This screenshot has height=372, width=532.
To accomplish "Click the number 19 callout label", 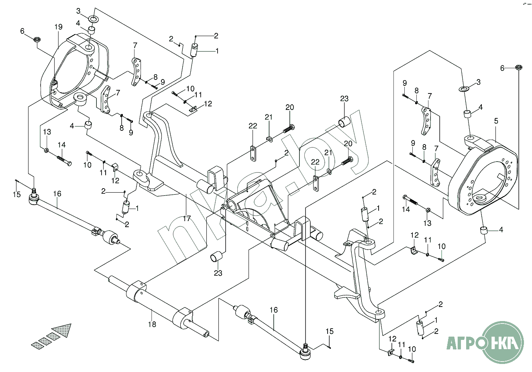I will (x=58, y=27).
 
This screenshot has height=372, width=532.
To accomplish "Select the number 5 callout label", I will (x=496, y=121).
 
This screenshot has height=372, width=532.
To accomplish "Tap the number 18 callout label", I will (x=152, y=324).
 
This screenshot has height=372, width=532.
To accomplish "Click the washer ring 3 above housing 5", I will (x=464, y=88).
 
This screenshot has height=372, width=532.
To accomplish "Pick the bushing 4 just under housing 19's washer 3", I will (x=92, y=30).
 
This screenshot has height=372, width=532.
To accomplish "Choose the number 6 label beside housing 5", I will (x=501, y=68).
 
